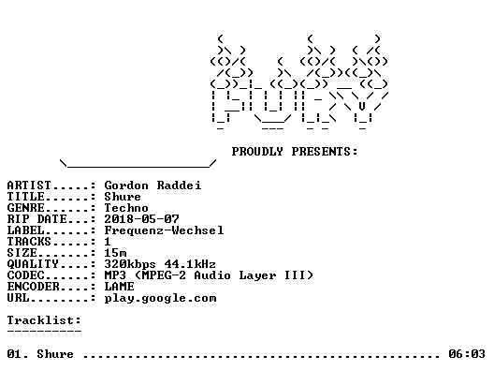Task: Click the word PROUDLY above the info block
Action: point(257,152)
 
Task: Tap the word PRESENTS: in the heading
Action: point(325,152)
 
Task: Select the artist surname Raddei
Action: point(179,185)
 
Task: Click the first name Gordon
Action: point(126,185)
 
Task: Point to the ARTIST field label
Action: point(29,185)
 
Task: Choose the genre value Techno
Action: point(126,208)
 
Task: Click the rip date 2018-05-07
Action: point(141,219)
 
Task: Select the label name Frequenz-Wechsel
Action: point(164,230)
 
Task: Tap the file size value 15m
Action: point(116,253)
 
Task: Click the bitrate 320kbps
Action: point(130,264)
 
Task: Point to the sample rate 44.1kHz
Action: point(190,264)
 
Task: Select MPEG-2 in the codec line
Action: point(164,275)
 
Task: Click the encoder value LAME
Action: point(119,287)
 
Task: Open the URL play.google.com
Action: point(160,299)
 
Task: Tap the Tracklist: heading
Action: point(44,320)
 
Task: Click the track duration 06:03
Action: point(467,354)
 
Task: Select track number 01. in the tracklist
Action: point(18,354)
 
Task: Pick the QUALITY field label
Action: point(33,264)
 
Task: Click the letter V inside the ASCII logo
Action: point(362,106)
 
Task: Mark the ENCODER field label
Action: point(33,287)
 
